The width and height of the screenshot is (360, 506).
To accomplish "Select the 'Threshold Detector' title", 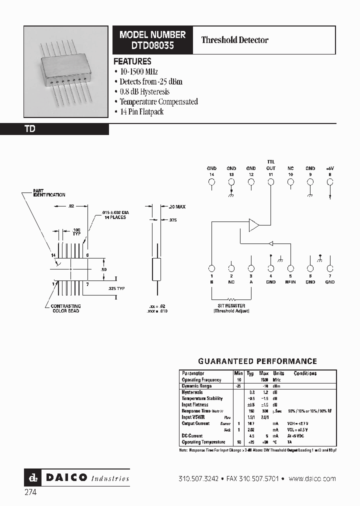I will tap(234, 40).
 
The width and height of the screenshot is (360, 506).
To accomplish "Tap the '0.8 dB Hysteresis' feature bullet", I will tap(144, 91).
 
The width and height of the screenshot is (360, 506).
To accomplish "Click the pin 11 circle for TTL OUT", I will tap(270, 182).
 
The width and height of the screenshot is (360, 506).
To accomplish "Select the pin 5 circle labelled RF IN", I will tap(290, 268).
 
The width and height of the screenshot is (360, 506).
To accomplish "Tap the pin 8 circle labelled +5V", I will tap(329, 182).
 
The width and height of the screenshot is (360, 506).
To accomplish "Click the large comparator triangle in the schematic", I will tap(254, 225).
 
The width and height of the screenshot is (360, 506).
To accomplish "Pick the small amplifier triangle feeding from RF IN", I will tap(270, 243).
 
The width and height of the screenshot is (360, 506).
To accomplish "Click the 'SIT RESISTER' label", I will tap(231, 305).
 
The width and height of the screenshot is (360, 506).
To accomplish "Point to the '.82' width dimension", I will tap(71, 205).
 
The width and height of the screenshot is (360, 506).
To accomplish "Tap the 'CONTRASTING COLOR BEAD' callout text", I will tap(66, 308).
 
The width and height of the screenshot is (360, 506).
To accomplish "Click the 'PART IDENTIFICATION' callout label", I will tap(48, 192).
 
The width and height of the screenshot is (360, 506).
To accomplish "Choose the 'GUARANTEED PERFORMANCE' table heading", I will tap(257, 361).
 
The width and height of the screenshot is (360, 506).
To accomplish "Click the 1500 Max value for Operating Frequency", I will tap(264, 380).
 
